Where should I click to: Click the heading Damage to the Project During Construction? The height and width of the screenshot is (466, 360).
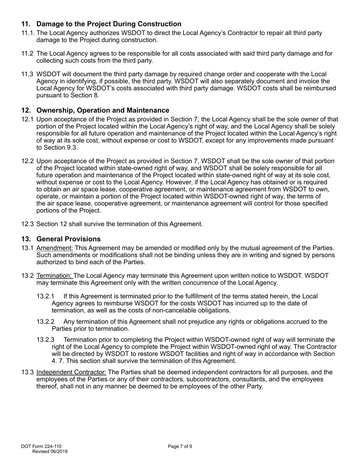(x=109, y=24)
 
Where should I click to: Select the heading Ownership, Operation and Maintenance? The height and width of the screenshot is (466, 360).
(x=103, y=110)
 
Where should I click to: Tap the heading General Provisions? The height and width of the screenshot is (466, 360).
(x=68, y=239)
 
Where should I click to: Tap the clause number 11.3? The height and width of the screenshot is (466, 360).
(x=27, y=74)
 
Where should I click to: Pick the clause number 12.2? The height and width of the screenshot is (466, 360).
(x=27, y=161)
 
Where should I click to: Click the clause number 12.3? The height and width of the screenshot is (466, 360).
(x=27, y=224)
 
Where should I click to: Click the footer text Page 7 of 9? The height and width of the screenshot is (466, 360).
(x=180, y=446)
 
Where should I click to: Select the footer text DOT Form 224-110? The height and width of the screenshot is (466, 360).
(x=41, y=446)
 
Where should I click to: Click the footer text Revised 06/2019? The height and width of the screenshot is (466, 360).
(x=50, y=451)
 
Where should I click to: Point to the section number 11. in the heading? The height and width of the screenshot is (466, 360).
(x=26, y=24)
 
